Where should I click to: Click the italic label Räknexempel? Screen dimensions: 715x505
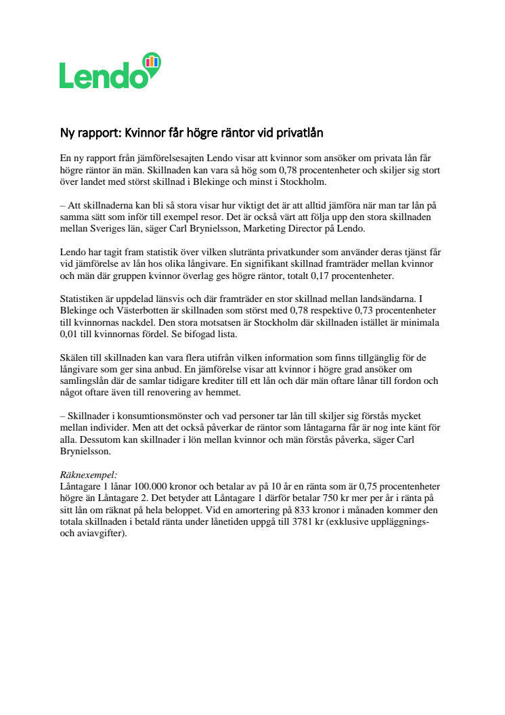coord(89,475)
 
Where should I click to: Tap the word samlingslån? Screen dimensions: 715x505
coord(87,381)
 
